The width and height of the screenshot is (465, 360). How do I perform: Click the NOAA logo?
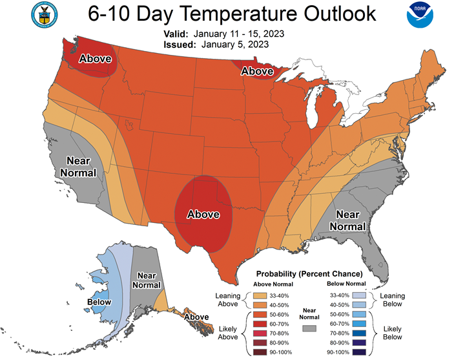coord(420,15)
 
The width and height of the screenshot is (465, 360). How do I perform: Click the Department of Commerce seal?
coord(45,15)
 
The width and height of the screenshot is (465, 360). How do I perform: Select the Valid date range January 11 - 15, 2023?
coord(239,34)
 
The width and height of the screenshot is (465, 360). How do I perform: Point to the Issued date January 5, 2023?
coord(235,45)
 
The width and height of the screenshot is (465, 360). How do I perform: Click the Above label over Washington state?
coord(95,58)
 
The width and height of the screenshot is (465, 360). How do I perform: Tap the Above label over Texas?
coord(203,215)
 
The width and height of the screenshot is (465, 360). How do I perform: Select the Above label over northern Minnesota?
coord(257,71)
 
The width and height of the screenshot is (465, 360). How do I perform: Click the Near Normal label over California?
coord(78,167)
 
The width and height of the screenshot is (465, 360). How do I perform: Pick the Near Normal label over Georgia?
coord(347,220)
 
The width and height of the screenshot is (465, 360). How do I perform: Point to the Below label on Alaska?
coord(99,302)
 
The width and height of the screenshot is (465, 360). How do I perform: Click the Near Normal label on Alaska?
coord(147,281)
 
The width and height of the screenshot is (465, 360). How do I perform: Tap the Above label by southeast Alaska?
coord(196,317)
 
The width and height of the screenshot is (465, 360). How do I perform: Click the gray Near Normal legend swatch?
coord(309,328)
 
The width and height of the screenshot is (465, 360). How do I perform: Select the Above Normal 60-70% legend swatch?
coord(260,324)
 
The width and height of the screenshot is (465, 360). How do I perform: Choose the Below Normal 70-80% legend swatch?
coord(359,334)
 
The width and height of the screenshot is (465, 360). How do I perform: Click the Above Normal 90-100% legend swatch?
coord(260,352)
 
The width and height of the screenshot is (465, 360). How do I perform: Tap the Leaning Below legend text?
coord(393,300)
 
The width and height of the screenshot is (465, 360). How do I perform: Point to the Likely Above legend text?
coord(228,333)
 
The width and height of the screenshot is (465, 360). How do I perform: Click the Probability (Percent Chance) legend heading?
coord(309,273)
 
